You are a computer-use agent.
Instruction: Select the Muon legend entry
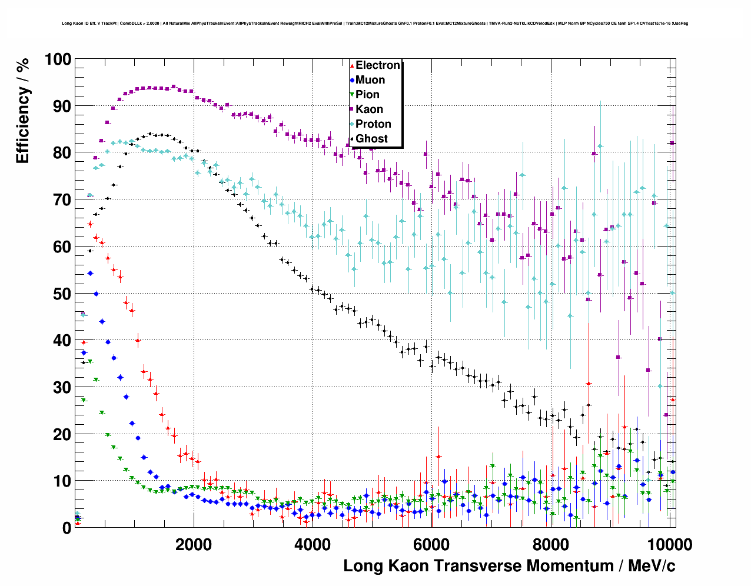(x=370, y=80)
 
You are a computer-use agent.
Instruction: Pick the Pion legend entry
(x=367, y=95)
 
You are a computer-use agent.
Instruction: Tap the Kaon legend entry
(x=369, y=109)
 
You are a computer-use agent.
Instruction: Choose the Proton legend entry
(x=373, y=124)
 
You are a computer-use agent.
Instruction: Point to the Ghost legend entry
(x=371, y=139)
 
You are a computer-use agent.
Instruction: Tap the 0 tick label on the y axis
(x=67, y=528)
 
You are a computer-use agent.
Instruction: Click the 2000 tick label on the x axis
(x=193, y=544)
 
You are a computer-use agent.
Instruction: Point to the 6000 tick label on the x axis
(x=431, y=544)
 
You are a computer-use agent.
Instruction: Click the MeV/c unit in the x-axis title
(x=652, y=566)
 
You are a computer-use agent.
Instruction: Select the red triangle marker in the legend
(x=352, y=65)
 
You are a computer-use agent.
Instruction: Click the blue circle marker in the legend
(x=352, y=80)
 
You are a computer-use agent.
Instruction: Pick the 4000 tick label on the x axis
(x=312, y=544)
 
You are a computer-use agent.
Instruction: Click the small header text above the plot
(x=375, y=24)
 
